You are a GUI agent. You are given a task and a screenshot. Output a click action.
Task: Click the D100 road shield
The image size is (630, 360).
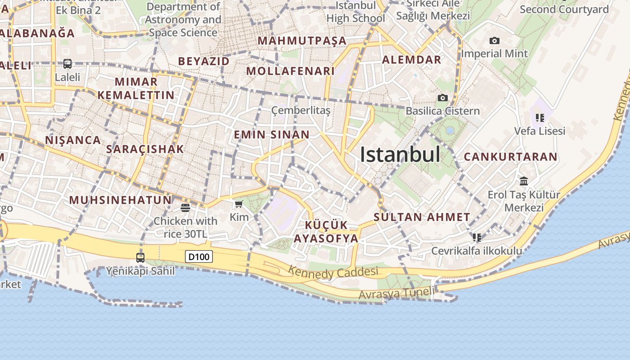click(x=199, y=257)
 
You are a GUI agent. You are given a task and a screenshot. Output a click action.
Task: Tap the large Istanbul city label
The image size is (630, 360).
click(x=400, y=154)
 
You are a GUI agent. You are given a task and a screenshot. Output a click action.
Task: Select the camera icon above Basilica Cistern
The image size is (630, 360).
click(x=443, y=98)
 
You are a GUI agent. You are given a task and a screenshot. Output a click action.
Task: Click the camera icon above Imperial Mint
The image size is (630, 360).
click(x=494, y=41)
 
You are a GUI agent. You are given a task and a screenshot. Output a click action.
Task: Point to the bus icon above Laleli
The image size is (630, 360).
click(x=67, y=64)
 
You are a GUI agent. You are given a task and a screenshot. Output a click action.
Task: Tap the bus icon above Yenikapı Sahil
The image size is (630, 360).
click(x=140, y=258)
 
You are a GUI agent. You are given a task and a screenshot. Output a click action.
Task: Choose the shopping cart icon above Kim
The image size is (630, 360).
click(x=239, y=204)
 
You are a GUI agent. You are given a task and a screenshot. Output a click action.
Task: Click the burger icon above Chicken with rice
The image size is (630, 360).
click(x=185, y=207)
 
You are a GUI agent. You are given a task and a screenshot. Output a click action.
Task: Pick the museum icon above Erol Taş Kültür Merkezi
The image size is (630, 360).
click(x=524, y=181)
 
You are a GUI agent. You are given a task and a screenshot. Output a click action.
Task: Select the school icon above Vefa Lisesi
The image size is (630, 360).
click(x=540, y=118)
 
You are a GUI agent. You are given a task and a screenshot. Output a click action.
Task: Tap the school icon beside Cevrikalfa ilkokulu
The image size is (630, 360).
click(x=477, y=237)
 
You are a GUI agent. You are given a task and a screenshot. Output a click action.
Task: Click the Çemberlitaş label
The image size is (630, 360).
click(x=301, y=110)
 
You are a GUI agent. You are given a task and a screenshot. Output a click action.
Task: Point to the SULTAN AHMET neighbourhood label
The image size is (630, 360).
click(x=422, y=217)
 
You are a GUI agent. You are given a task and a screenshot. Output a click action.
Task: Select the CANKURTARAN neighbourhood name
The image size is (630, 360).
click(x=511, y=157)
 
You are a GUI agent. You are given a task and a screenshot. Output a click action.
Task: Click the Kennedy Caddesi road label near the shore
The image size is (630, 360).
click(x=333, y=273)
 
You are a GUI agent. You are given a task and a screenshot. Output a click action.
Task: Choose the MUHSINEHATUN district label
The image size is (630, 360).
click(x=120, y=200)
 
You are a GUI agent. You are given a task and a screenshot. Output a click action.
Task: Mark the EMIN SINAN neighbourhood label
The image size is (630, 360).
click(x=272, y=135)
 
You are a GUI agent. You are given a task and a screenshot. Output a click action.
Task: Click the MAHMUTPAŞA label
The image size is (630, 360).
click(x=302, y=41)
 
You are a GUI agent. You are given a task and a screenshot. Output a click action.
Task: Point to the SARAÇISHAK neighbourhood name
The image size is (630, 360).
click(x=145, y=149)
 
